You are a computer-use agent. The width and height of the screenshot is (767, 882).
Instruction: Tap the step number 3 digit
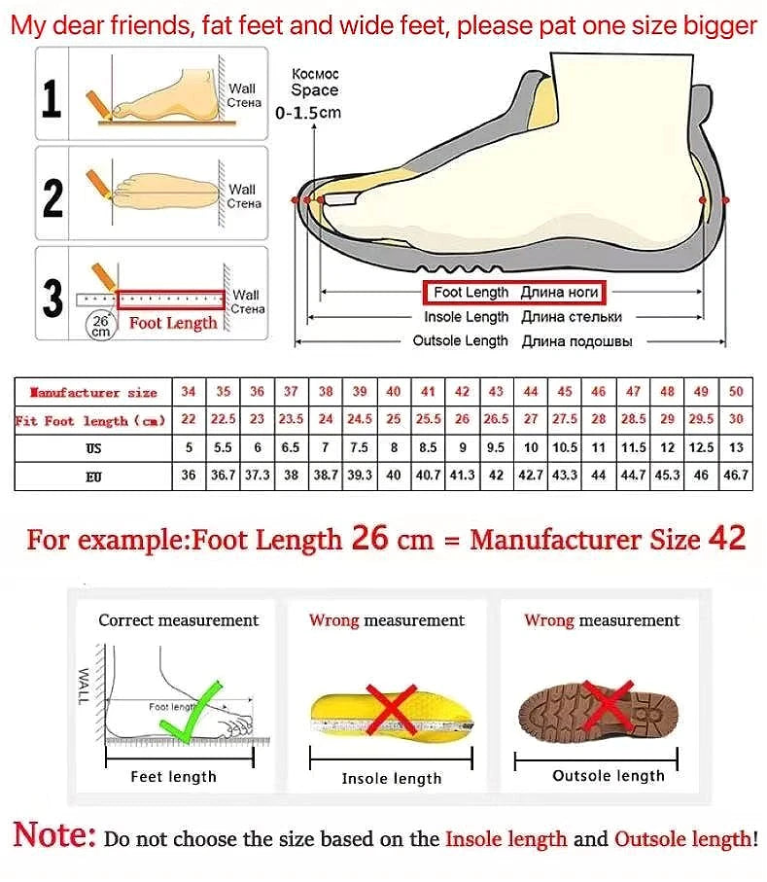[x=52, y=298]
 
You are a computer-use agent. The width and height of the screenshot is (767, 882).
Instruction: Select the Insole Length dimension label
[x=466, y=317]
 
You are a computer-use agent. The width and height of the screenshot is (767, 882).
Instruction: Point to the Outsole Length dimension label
[x=460, y=341]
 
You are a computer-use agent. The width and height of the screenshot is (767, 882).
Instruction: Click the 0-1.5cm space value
[x=308, y=113]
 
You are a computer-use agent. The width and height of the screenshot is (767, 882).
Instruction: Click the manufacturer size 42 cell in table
[x=463, y=392]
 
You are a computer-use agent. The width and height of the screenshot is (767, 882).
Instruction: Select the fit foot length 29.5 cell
[x=701, y=419]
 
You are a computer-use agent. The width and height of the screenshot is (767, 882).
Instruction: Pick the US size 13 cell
[x=736, y=447]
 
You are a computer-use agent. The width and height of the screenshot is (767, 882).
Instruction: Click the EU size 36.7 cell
[x=224, y=476]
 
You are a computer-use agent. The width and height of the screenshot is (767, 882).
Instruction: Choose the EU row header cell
[x=93, y=476]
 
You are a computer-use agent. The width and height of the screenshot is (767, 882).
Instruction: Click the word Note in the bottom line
[x=54, y=834]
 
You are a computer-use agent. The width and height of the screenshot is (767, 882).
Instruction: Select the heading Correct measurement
[x=178, y=620]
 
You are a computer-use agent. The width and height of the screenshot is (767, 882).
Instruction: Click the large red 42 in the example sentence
[x=726, y=538]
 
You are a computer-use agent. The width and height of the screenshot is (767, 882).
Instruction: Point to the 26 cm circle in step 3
[x=101, y=325]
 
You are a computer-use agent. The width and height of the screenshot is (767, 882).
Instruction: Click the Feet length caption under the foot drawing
[x=173, y=776]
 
